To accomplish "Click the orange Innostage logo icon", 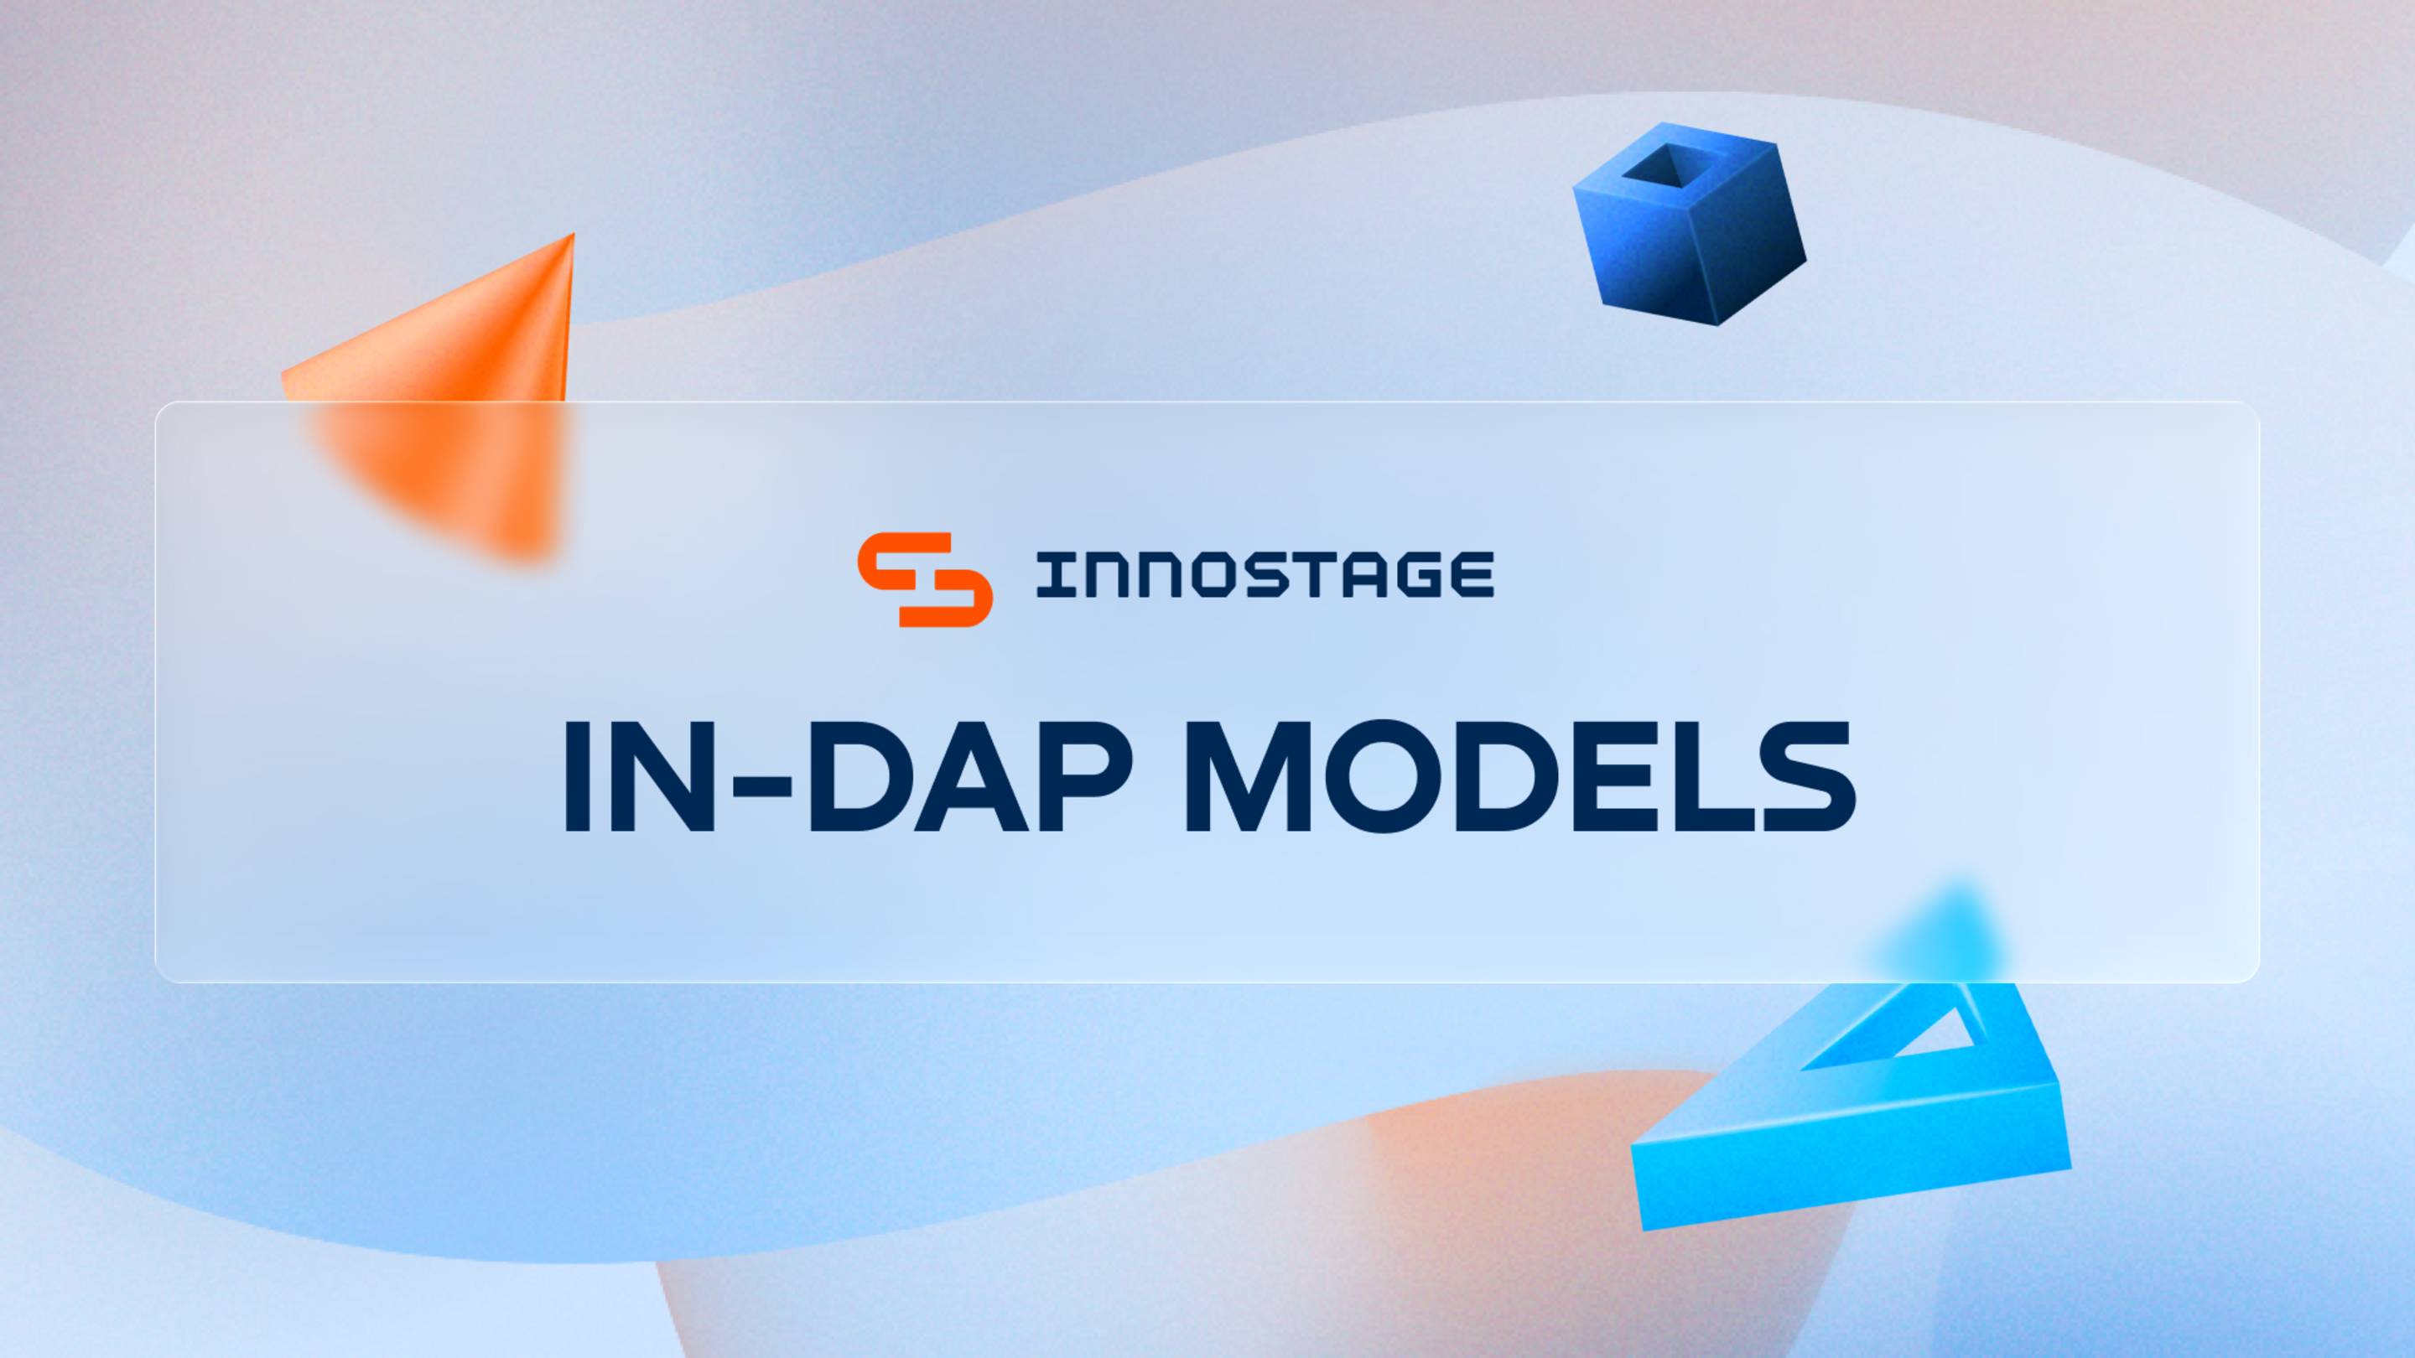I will tap(924, 578).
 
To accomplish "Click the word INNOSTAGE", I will tap(1264, 574).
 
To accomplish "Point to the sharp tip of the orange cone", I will tap(571, 238).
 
